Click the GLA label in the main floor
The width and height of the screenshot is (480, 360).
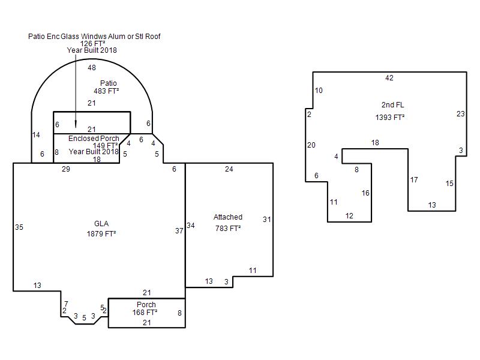(101, 224)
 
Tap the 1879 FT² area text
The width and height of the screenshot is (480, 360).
(101, 234)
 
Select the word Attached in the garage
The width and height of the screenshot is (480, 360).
(228, 217)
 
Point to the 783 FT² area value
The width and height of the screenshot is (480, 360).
(228, 229)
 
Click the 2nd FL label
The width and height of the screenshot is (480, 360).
(393, 105)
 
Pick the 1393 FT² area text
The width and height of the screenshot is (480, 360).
(390, 117)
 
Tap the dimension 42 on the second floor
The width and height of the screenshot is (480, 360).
(389, 78)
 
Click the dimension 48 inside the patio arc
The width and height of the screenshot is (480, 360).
(92, 68)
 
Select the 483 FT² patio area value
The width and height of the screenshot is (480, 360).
(106, 91)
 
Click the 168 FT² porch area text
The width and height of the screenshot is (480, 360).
(145, 312)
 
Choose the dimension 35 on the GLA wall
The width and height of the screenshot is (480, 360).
(19, 227)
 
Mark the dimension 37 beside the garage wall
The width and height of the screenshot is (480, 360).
(179, 231)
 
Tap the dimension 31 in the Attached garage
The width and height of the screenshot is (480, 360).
(266, 219)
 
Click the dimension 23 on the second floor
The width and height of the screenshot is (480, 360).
(461, 114)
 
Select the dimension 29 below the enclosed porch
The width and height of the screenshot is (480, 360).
(66, 169)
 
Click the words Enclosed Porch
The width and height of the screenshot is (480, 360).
(94, 139)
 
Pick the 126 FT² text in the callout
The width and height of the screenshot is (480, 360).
(93, 43)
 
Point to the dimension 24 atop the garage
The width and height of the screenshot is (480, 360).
(229, 169)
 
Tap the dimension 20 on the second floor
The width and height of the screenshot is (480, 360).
(311, 145)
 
